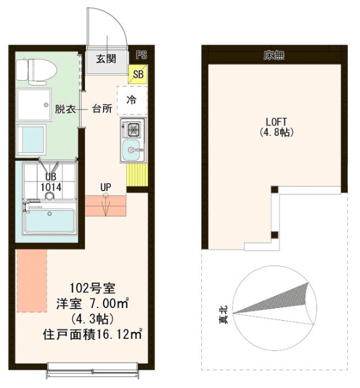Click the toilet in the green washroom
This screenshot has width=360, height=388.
[x=36, y=71]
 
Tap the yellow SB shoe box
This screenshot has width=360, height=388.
[x=138, y=74]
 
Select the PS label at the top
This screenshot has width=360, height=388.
[x=141, y=55]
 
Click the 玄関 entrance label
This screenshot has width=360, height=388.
[x=106, y=59]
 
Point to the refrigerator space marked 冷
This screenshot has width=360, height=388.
[x=132, y=100]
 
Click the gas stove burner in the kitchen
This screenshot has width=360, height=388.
[x=134, y=129]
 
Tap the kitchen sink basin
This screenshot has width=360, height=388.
[x=132, y=150]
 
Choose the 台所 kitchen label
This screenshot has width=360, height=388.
[x=102, y=109]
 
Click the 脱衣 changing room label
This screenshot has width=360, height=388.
[x=65, y=109]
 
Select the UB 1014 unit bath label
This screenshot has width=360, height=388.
[x=51, y=182]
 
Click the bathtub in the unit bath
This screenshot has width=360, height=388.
[x=50, y=219]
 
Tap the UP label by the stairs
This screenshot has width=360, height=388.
[x=105, y=187]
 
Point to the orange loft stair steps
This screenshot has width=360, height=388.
[x=105, y=206]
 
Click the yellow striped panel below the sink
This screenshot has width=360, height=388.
[x=137, y=175]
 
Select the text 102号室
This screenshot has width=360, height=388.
[x=92, y=289]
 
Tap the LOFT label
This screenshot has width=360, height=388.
[x=276, y=122]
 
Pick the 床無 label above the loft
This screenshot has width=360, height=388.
[x=274, y=55]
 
